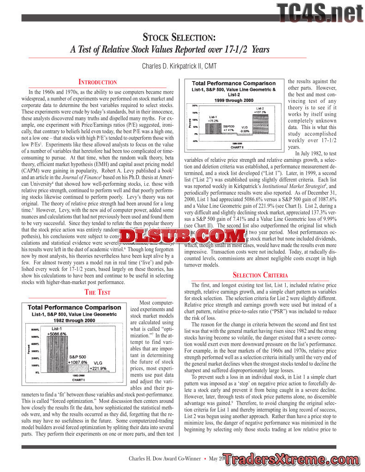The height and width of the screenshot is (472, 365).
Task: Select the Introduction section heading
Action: point(97,82)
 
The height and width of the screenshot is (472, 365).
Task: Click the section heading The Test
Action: point(97,292)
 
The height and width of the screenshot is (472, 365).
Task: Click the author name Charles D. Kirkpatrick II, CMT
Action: point(182,66)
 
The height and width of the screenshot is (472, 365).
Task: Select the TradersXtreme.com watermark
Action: point(294,459)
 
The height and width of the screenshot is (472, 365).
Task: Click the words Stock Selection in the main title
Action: point(180,37)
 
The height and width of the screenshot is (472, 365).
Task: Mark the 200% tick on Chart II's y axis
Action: point(195,106)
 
